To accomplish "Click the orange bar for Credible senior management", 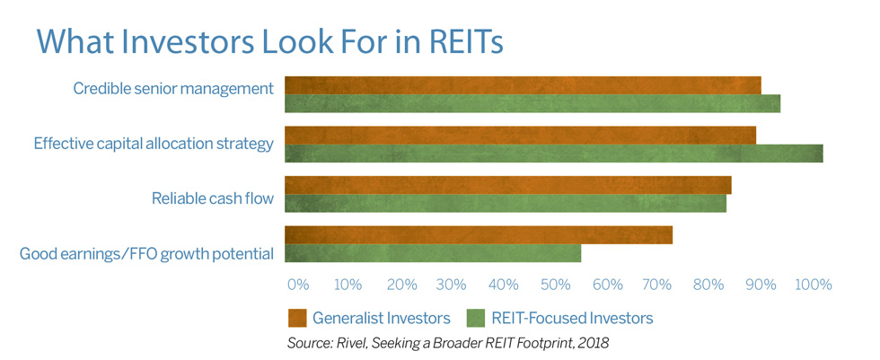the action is tap(523, 85).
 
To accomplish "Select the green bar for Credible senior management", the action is tap(532, 104).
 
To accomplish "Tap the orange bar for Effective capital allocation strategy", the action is tap(520, 136).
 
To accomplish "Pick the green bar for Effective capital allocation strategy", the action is tap(554, 154).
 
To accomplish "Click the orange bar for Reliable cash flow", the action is tap(508, 185).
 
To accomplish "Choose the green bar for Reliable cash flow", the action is tap(506, 203).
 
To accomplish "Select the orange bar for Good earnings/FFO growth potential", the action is tap(479, 235).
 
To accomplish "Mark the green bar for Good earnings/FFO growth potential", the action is tap(433, 253).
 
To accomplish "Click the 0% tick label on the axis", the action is tap(298, 285).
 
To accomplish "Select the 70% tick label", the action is tap(657, 285).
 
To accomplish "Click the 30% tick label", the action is tap(452, 285).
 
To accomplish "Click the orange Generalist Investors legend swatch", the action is tap(297, 318).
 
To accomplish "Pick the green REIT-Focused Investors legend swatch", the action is tap(476, 318).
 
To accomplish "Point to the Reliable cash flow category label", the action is tap(213, 198).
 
